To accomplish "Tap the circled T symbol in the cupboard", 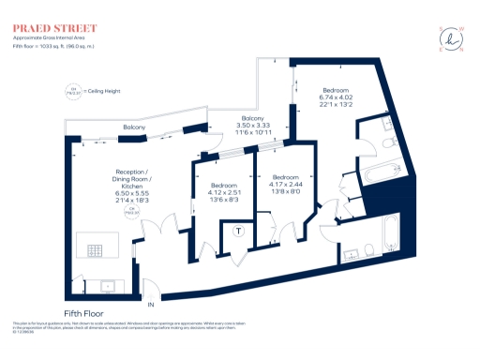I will [x=239, y=231].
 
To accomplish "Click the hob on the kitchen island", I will [x=97, y=250].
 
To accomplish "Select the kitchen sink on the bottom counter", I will [x=106, y=283].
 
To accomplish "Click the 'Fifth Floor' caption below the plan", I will [x=83, y=312].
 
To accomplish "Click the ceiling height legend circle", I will [x=67, y=90].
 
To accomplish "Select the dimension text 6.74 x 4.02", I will [x=335, y=97].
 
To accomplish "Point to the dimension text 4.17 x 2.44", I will [x=286, y=184].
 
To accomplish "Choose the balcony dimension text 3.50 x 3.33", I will [x=251, y=125].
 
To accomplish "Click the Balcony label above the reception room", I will [x=134, y=127].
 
